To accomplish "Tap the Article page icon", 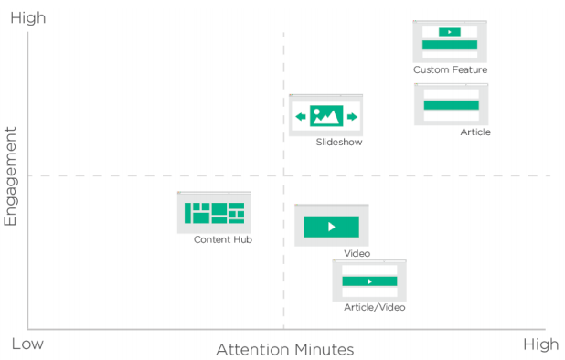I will (451, 104).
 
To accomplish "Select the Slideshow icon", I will (326, 115).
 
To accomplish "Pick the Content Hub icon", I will (214, 212).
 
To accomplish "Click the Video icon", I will (331, 226).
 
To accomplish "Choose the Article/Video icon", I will (369, 281).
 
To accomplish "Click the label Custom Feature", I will (450, 69).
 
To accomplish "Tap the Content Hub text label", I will (222, 239).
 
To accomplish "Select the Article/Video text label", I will (374, 307).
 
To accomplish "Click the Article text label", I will (475, 132).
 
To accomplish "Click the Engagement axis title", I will (12, 176).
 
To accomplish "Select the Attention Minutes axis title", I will (284, 350).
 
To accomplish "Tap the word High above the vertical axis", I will (27, 17).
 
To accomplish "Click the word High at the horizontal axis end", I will (539, 344).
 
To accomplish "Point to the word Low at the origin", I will (27, 344).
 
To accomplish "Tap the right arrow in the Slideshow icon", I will (351, 116).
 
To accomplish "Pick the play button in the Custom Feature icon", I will (449, 32).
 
